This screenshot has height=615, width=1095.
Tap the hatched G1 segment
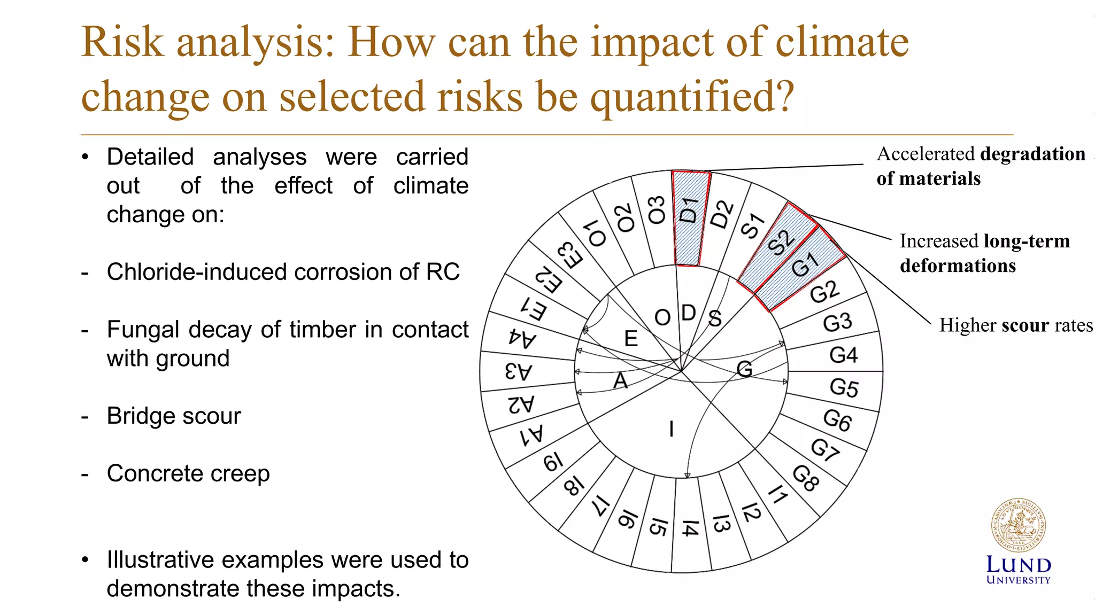[x=802, y=267]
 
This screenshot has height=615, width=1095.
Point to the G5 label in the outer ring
[x=844, y=387]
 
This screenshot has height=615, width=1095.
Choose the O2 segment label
[x=625, y=218]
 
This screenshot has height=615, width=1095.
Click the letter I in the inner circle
[x=672, y=429]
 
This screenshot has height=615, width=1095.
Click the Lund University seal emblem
[x=1018, y=525]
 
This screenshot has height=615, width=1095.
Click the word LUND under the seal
[x=1018, y=565]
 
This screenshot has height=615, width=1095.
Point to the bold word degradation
[x=1033, y=154]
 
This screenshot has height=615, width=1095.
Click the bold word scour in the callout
[x=1018, y=325]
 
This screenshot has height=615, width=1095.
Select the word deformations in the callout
[x=958, y=266]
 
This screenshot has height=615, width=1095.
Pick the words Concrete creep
[x=188, y=473]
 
